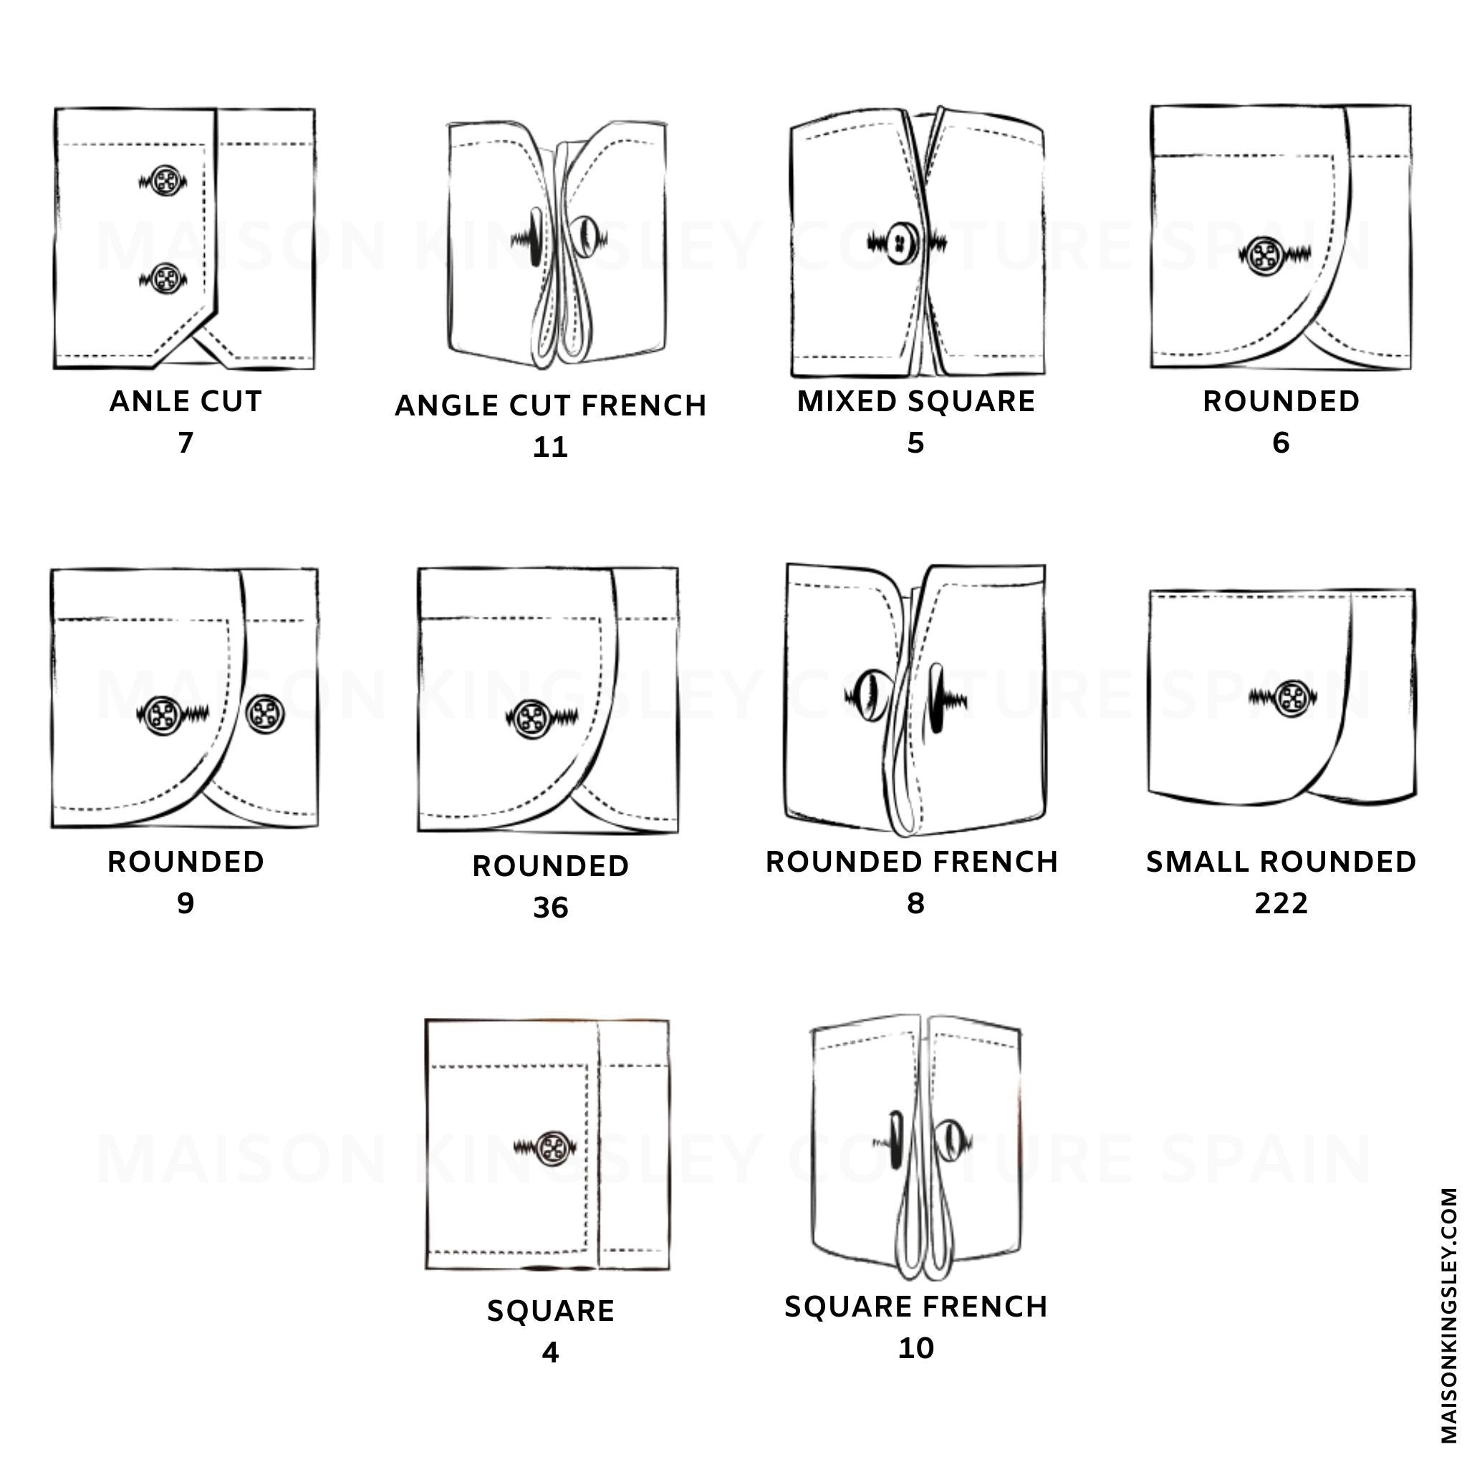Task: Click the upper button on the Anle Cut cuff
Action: coord(165,181)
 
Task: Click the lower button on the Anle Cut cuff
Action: coord(165,279)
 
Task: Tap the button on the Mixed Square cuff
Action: coord(902,242)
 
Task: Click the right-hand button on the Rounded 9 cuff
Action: coord(264,713)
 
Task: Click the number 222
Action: coord(1281,903)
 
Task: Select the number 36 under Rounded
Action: coord(551,908)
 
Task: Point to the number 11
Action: coord(551,447)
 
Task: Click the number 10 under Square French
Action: coord(915,1349)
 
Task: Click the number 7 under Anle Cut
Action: coord(186,443)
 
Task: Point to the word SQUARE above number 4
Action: coord(551,1312)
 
